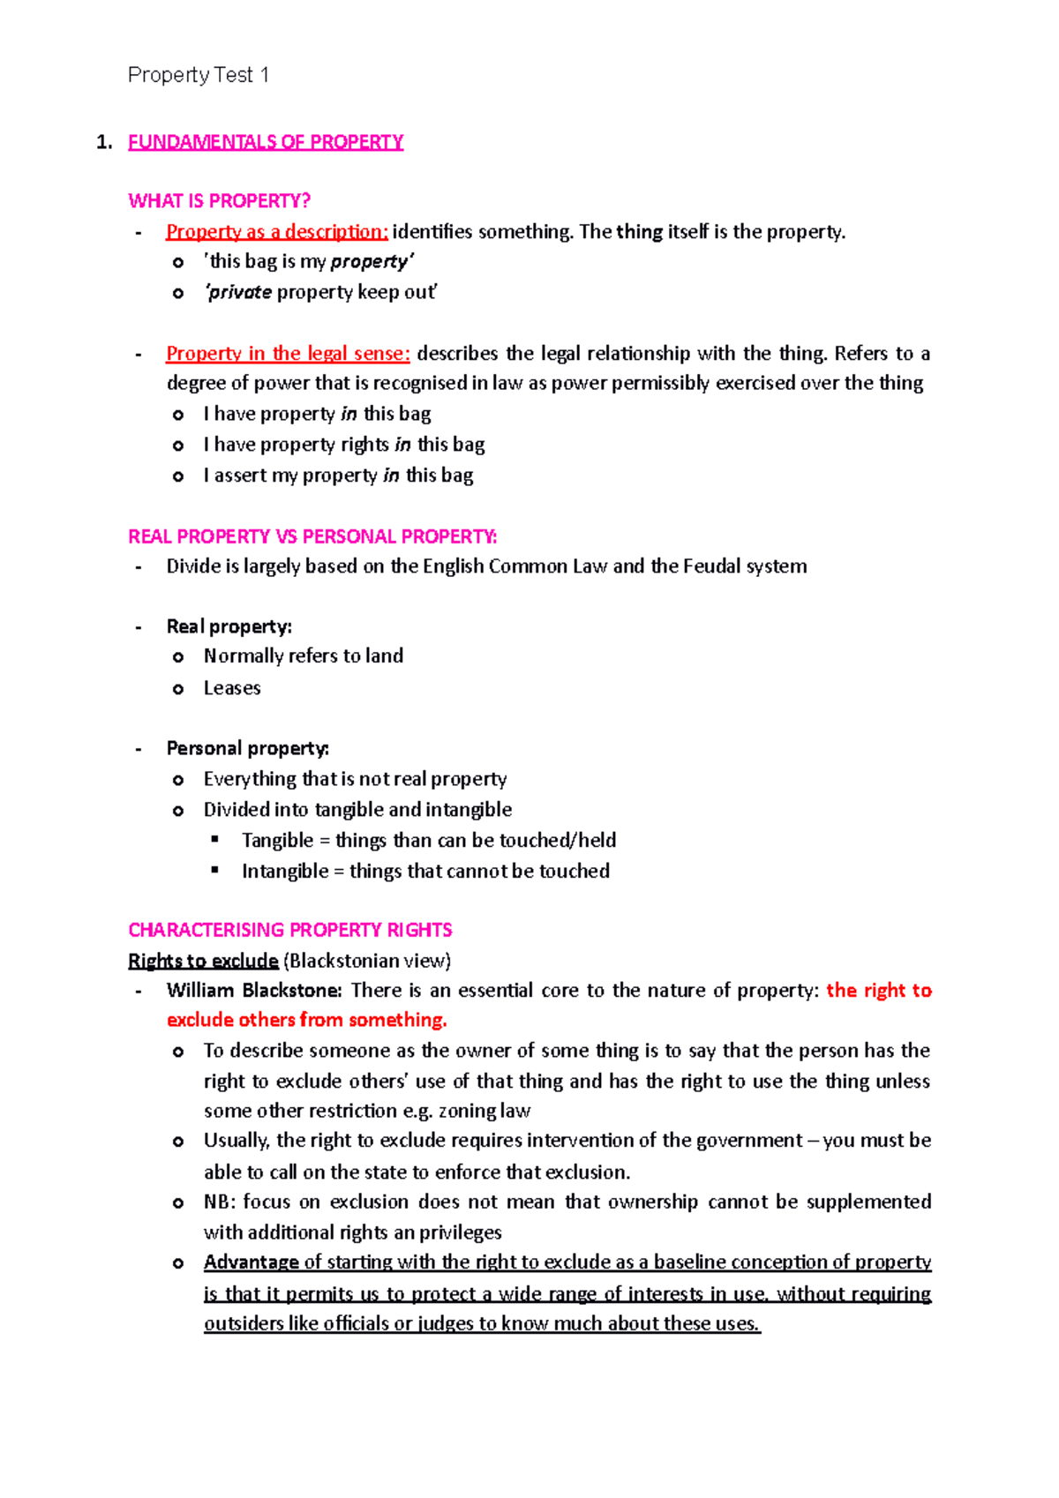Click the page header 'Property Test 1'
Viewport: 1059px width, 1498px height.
(198, 75)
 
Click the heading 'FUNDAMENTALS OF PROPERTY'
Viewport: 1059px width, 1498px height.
(266, 142)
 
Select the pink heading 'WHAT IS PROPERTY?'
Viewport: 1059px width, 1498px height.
(219, 201)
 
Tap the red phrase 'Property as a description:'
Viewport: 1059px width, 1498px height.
(276, 232)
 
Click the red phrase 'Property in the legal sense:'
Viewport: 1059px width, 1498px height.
(288, 354)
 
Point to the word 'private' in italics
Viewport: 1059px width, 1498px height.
(239, 292)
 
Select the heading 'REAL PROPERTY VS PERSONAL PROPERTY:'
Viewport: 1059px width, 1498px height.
(312, 536)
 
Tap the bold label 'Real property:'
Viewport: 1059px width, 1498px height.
(229, 626)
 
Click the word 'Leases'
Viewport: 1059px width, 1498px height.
(232, 688)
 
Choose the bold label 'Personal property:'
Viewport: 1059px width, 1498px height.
(247, 748)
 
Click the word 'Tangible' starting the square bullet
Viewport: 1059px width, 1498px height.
(277, 841)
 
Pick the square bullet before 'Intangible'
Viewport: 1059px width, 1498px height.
(214, 870)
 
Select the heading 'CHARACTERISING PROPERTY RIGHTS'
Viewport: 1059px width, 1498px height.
(289, 930)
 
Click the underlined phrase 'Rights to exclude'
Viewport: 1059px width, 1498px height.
(203, 961)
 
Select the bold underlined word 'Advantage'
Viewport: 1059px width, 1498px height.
(252, 1262)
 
